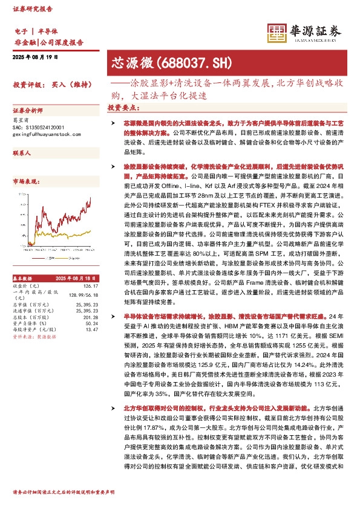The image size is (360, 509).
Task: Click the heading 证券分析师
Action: pyautogui.click(x=28, y=112)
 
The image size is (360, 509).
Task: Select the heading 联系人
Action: pyautogui.click(x=22, y=154)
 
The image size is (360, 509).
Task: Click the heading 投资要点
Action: pyautogui.click(x=123, y=108)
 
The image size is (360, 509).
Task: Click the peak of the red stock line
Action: pyautogui.click(x=91, y=197)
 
